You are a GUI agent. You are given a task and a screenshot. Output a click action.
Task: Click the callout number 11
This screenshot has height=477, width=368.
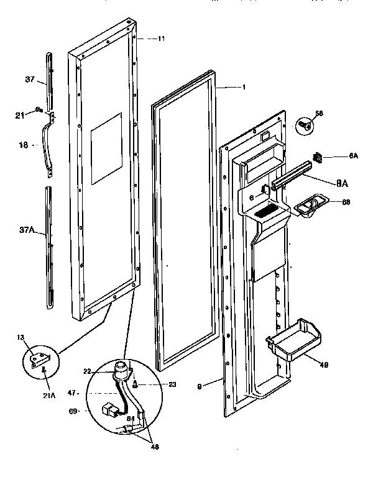[x=161, y=39]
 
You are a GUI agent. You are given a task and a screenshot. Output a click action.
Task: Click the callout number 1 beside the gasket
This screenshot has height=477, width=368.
[x=244, y=88]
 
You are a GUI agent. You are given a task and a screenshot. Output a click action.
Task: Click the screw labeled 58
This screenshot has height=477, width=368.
[x=304, y=124]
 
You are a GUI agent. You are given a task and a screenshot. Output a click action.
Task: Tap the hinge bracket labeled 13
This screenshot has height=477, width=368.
[x=42, y=359]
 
